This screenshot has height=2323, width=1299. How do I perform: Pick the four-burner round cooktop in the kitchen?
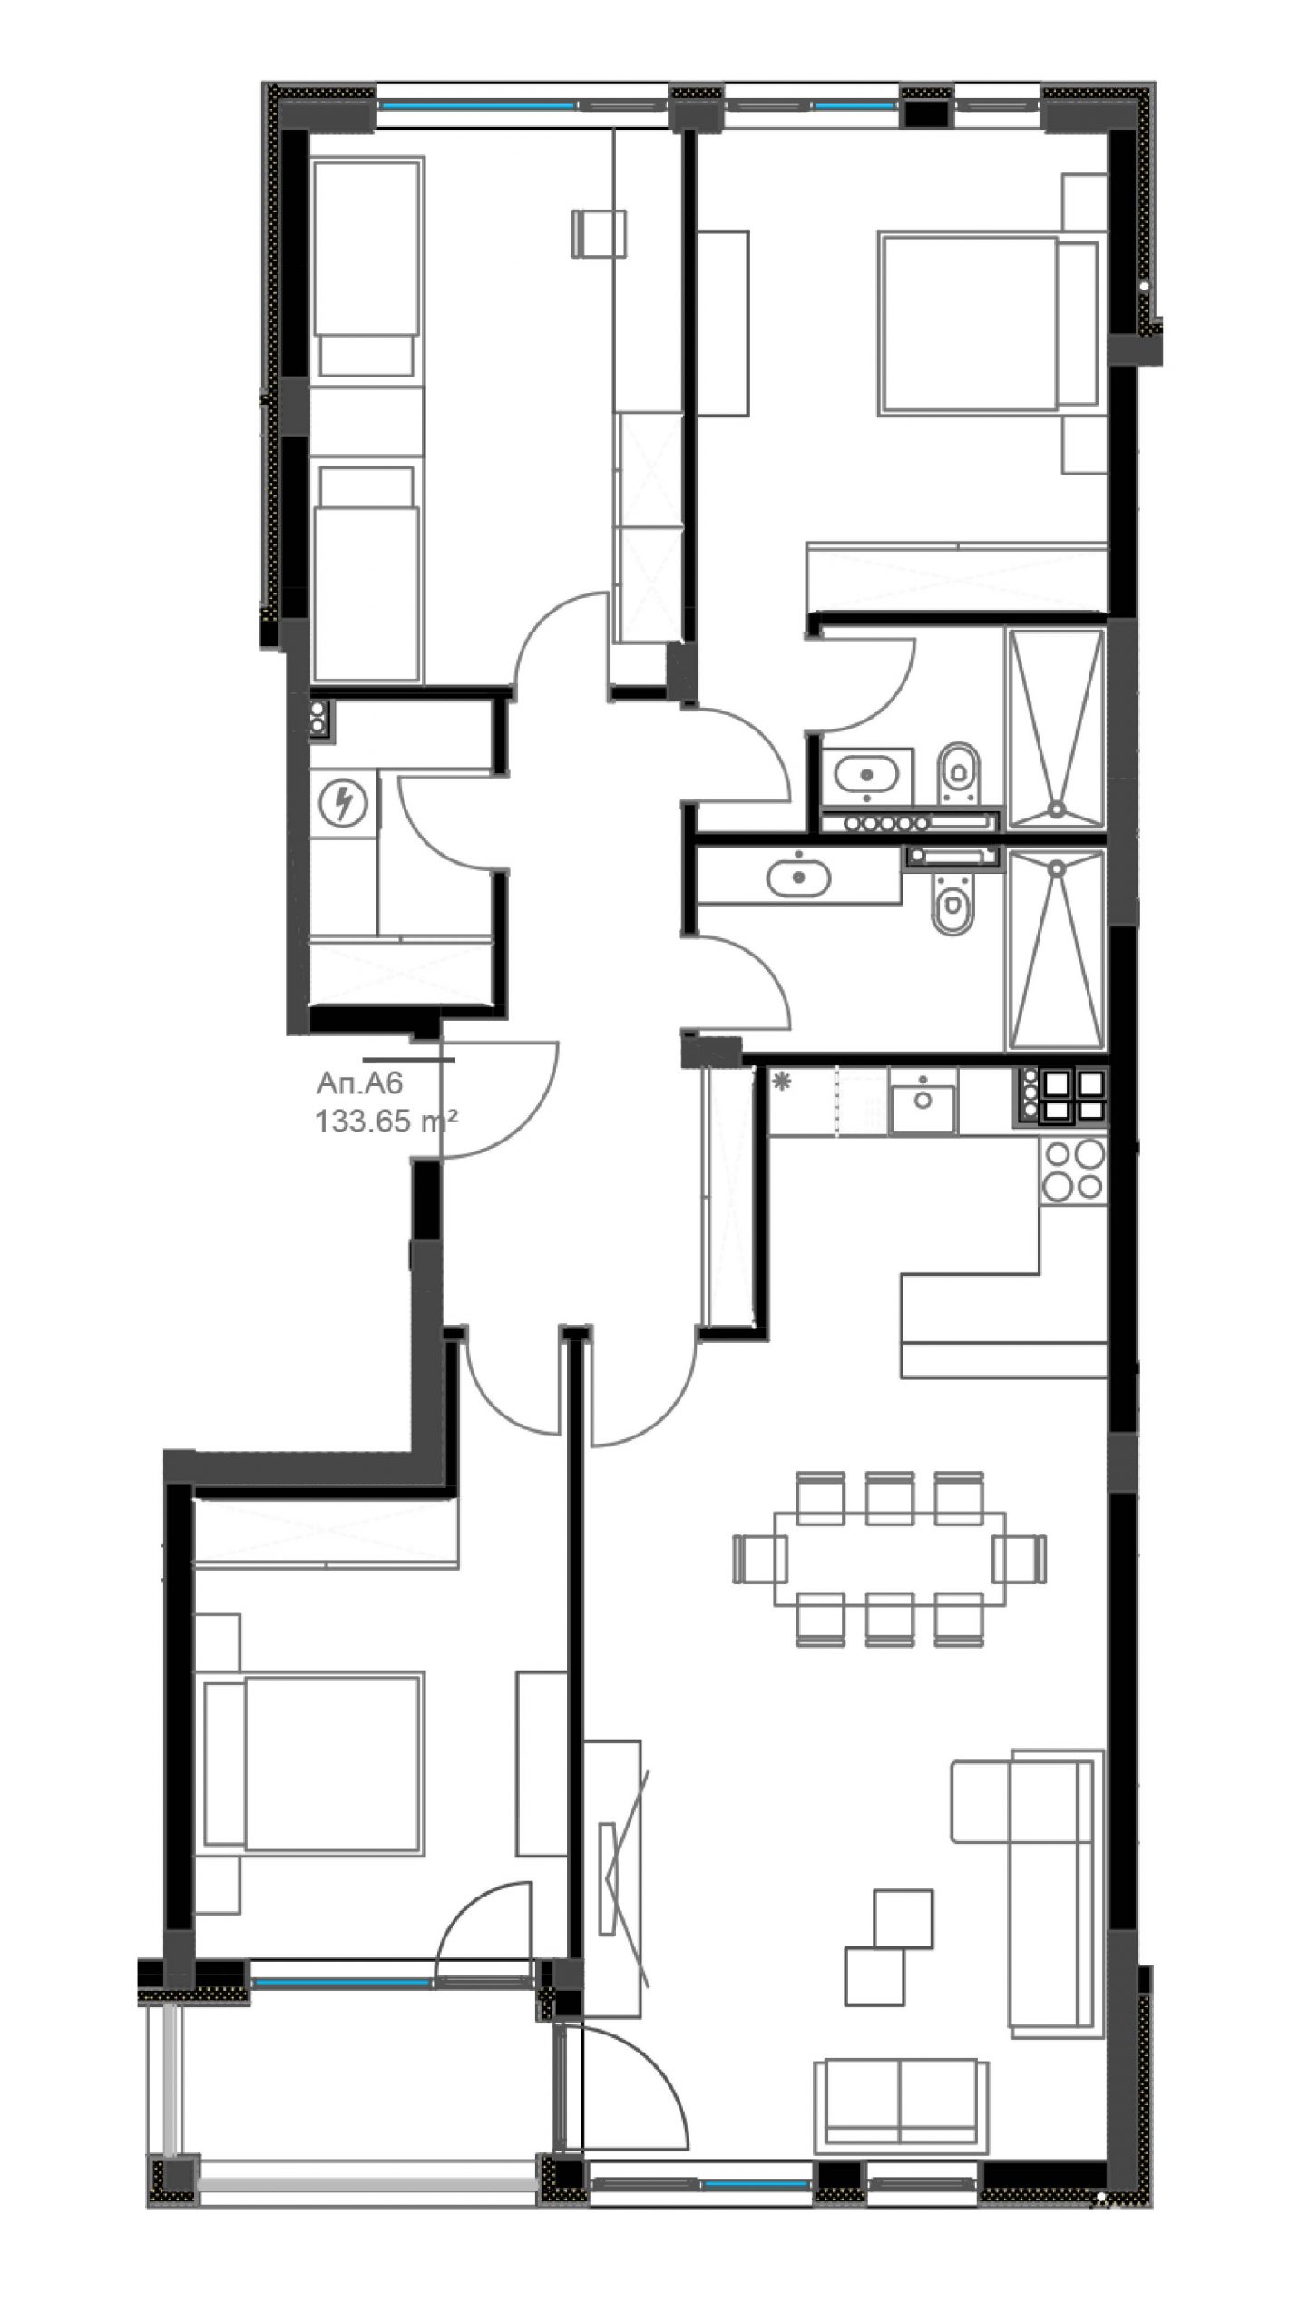click(1073, 1171)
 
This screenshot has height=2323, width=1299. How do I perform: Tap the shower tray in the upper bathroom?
click(1055, 729)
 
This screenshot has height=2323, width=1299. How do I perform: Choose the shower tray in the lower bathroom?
click(1055, 949)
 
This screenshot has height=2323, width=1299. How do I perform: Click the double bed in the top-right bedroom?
click(990, 323)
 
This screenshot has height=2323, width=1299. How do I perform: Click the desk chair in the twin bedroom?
click(600, 233)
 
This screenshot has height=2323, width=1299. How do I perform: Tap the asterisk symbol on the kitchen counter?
click(780, 1080)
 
